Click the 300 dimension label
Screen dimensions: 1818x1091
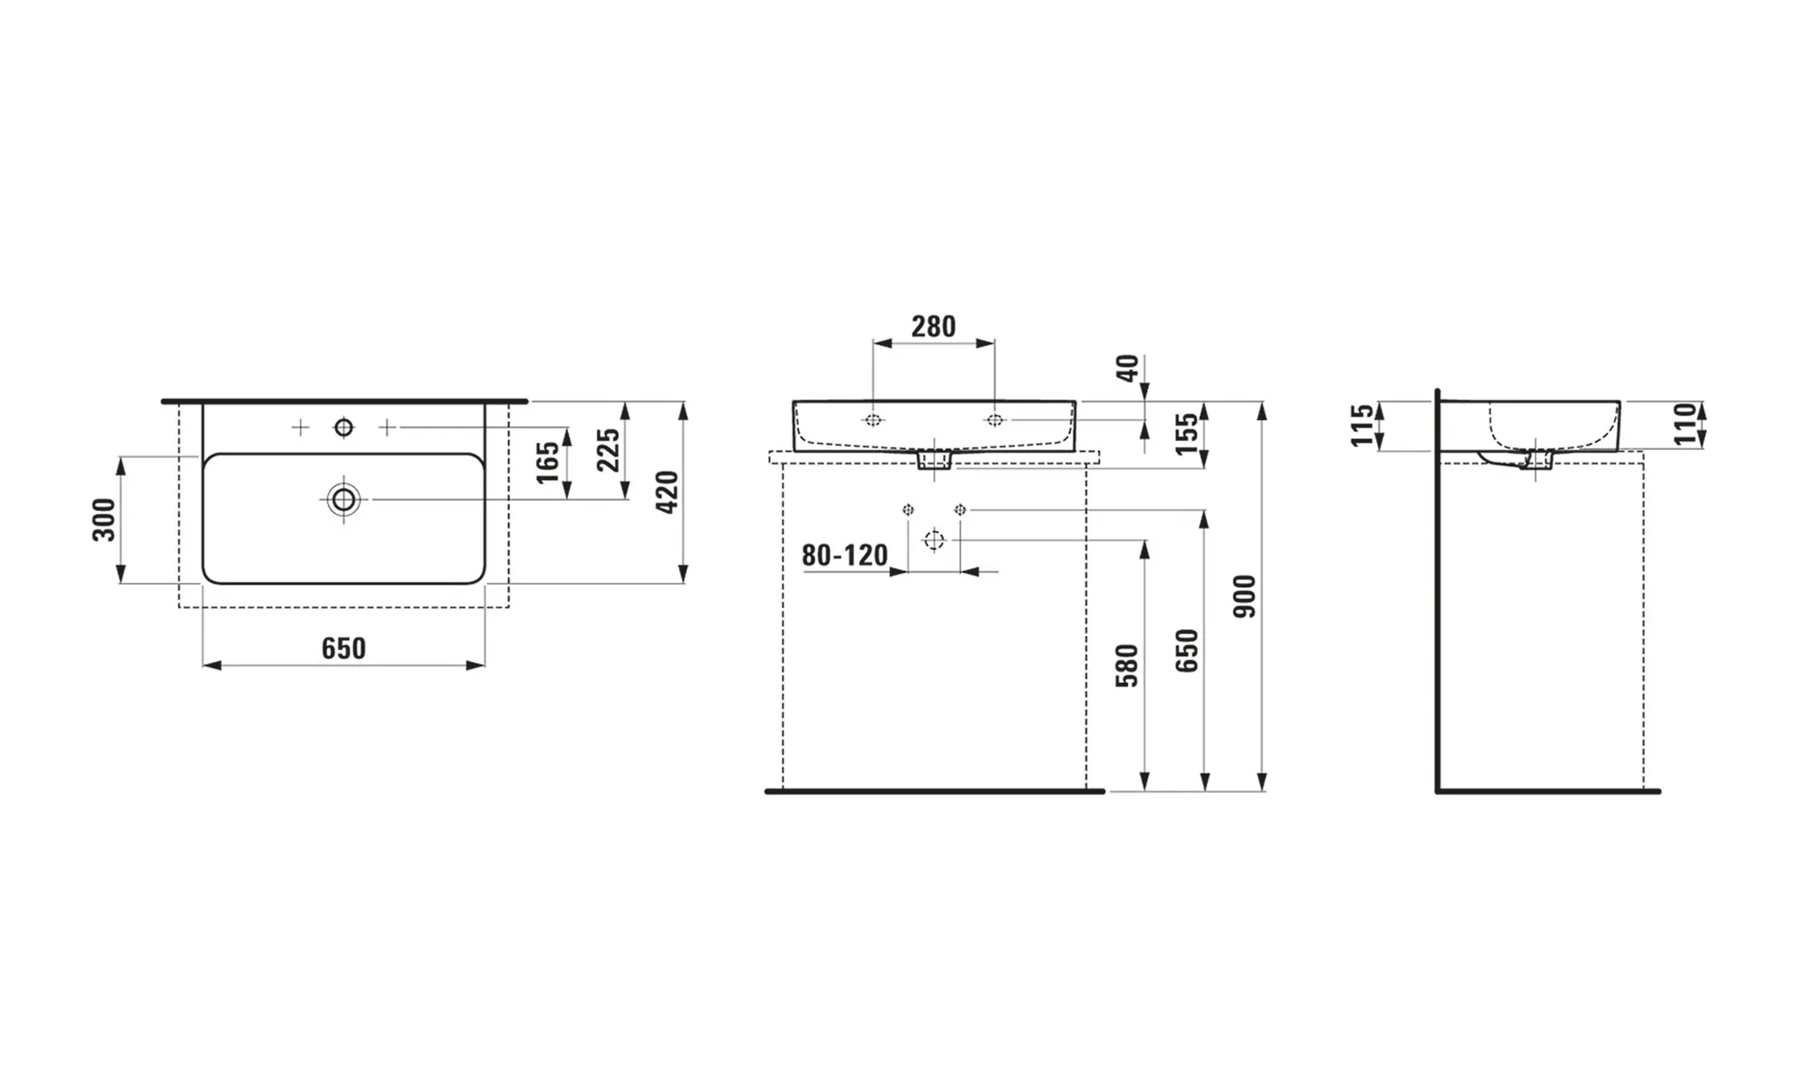point(105,520)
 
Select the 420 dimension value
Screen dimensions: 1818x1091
point(667,492)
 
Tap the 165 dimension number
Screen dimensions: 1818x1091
point(547,462)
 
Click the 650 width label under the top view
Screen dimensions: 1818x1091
point(344,648)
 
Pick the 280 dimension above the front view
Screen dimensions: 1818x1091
point(934,326)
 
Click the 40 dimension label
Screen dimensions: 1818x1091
point(1127,368)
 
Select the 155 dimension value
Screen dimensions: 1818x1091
point(1186,435)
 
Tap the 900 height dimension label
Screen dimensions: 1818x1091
point(1244,596)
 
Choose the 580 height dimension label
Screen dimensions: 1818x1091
point(1127,666)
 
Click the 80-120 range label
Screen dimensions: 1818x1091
point(844,556)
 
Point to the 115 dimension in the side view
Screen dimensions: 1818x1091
point(1362,425)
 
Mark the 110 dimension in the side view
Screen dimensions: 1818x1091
point(1686,425)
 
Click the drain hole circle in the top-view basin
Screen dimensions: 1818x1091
point(344,499)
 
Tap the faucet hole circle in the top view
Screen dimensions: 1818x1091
point(344,427)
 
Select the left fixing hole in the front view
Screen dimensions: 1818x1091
point(874,420)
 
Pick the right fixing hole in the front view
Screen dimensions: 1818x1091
point(994,420)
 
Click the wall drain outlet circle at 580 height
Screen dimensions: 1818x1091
point(934,541)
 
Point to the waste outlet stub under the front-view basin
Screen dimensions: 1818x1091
point(934,460)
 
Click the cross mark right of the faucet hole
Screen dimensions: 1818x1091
point(386,427)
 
